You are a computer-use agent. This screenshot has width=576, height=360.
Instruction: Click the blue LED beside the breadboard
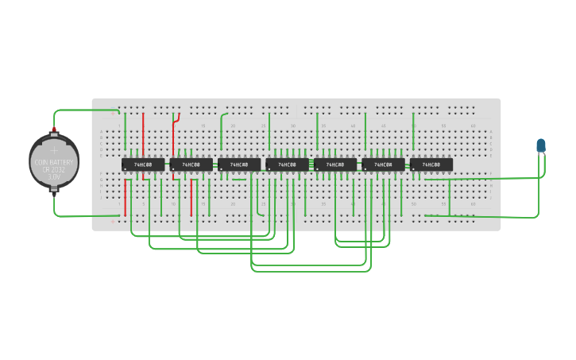click(x=541, y=145)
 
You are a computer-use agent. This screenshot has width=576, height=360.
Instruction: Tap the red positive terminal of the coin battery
click(x=54, y=129)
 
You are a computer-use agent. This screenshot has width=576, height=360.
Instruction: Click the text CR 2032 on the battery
click(x=54, y=169)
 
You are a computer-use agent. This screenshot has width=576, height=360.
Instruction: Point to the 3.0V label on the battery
click(x=54, y=176)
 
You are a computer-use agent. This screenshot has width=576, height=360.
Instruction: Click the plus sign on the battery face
click(x=54, y=149)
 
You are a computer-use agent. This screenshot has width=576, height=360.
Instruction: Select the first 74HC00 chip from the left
click(x=143, y=165)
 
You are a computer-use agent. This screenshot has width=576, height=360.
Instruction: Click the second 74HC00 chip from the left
click(x=191, y=165)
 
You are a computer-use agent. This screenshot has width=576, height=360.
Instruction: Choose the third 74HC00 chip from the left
click(x=239, y=165)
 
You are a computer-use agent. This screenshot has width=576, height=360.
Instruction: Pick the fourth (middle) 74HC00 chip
click(x=287, y=165)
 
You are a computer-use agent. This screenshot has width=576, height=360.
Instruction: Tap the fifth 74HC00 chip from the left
click(x=335, y=165)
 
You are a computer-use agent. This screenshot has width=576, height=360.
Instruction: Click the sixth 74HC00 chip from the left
click(x=383, y=165)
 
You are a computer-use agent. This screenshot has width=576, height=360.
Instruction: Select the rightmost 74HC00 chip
click(x=431, y=165)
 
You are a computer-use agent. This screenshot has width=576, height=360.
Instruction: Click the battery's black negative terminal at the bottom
click(x=54, y=189)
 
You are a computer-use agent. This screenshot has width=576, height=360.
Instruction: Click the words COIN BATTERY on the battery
click(x=54, y=162)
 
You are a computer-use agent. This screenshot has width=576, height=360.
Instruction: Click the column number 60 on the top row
click(x=473, y=126)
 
